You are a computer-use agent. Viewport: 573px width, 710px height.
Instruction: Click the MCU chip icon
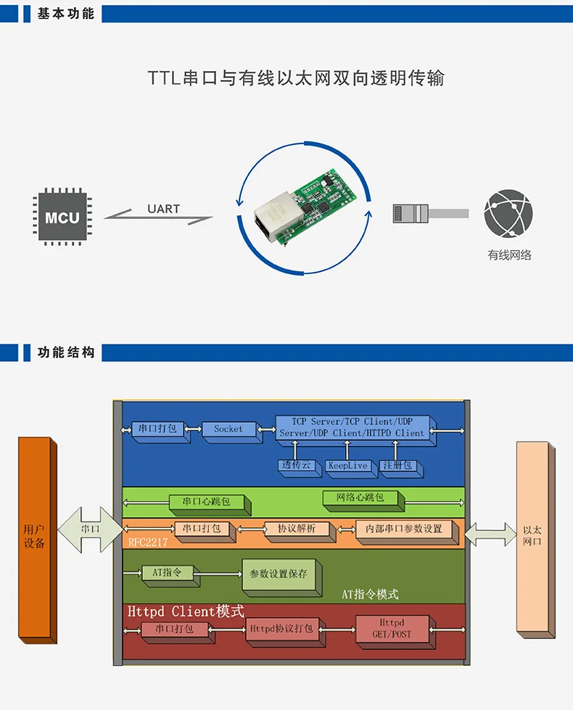pyautogui.click(x=62, y=217)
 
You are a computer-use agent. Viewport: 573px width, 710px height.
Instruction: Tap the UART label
pyautogui.click(x=163, y=209)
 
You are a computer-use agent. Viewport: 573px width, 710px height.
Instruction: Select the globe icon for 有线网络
pyautogui.click(x=508, y=213)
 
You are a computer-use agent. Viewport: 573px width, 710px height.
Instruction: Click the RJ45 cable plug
pyautogui.click(x=411, y=213)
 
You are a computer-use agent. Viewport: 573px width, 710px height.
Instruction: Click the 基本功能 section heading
pyautogui.click(x=66, y=14)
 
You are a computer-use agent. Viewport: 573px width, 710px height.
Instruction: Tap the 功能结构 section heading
pyautogui.click(x=66, y=352)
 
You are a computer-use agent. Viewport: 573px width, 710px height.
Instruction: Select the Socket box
pyautogui.click(x=229, y=429)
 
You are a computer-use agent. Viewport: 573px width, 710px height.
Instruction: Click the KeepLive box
pyautogui.click(x=347, y=466)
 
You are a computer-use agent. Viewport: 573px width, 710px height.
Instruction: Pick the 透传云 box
pyautogui.click(x=296, y=466)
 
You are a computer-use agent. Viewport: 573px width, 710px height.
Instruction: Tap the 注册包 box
pyautogui.click(x=399, y=466)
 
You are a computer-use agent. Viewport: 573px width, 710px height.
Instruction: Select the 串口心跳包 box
pyautogui.click(x=207, y=501)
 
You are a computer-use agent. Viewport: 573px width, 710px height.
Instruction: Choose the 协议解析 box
pyautogui.click(x=296, y=529)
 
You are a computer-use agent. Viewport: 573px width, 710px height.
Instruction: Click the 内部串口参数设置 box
pyautogui.click(x=404, y=529)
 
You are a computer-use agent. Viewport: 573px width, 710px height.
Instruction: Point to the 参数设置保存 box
pyautogui.click(x=279, y=574)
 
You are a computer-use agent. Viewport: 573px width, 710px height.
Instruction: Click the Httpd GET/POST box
pyautogui.click(x=392, y=629)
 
